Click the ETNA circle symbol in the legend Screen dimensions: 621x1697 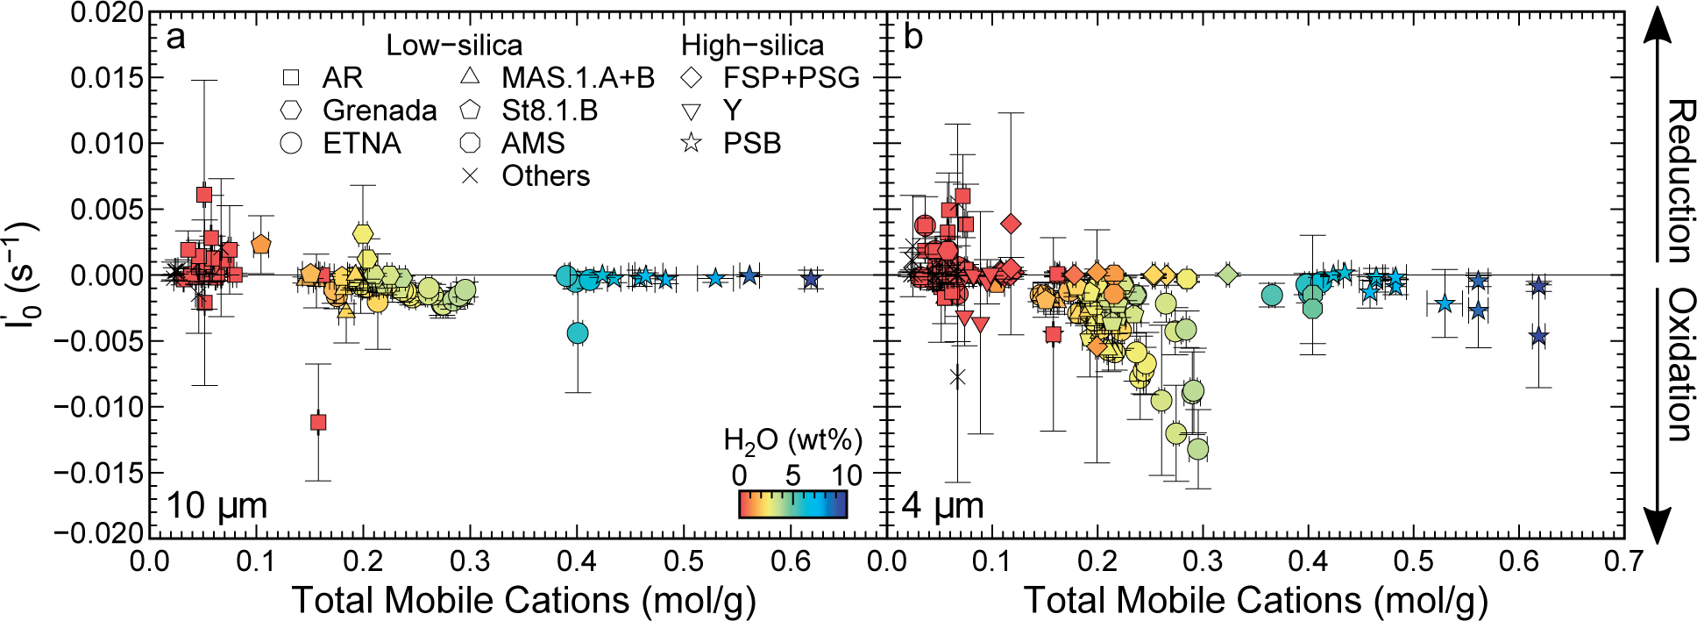[291, 143]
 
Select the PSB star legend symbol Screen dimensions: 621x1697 [692, 143]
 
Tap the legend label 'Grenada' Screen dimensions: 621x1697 [380, 111]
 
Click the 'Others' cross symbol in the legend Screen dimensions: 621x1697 [470, 175]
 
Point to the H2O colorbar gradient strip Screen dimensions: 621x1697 [792, 504]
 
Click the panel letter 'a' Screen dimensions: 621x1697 [175, 38]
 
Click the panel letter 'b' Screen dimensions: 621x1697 [913, 38]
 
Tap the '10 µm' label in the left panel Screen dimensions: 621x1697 [217, 506]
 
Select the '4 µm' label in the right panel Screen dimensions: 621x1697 [943, 506]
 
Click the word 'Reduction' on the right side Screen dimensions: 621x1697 [1678, 181]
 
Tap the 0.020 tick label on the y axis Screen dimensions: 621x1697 [107, 13]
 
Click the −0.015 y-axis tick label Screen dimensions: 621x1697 [98, 473]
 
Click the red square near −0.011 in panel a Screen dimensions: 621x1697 [318, 422]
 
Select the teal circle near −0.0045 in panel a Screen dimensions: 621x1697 [577, 333]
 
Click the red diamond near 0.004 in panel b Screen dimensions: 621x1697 [1011, 224]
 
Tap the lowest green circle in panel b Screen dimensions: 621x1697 [1197, 449]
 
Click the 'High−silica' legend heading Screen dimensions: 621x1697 [752, 46]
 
